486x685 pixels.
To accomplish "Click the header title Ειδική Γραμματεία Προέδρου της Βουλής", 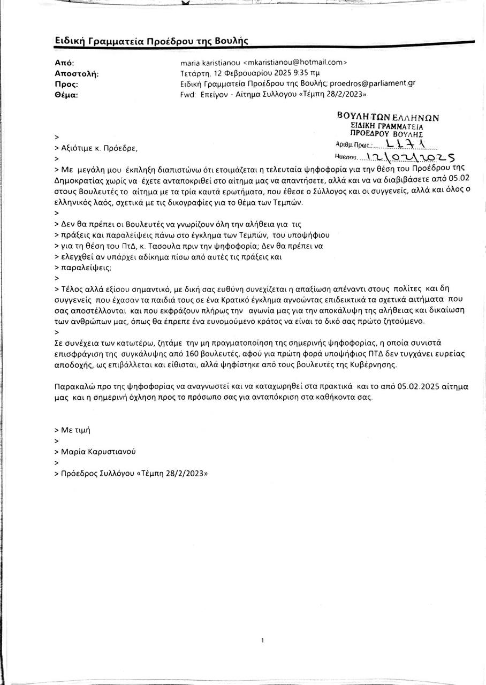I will click(x=151, y=41).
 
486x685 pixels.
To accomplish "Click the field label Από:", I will click(x=64, y=63).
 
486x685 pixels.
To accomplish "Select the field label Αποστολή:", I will click(x=77, y=73).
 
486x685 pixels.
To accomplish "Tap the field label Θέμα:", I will click(x=67, y=95).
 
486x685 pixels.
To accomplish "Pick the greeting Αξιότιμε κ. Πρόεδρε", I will click(x=100, y=148).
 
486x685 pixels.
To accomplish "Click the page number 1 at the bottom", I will click(x=263, y=640).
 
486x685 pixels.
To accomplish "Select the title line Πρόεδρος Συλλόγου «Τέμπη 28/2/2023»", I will click(x=134, y=473).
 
